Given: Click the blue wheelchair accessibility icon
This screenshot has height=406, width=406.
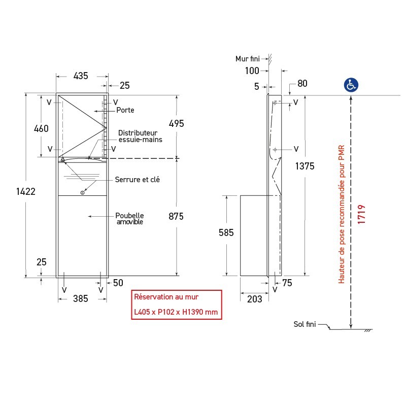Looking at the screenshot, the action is (x=351, y=85).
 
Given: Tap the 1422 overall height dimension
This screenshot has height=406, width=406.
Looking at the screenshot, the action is (x=26, y=192).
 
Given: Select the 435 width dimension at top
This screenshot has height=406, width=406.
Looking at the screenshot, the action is (x=81, y=76).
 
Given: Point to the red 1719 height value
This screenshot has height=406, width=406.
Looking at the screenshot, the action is (x=361, y=214).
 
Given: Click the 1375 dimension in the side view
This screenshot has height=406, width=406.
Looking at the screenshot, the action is (x=305, y=166).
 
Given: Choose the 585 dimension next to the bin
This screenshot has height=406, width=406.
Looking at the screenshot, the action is (x=226, y=232).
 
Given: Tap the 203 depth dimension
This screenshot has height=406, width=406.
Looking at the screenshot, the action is (x=255, y=299).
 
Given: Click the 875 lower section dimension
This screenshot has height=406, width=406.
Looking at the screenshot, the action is (x=176, y=216).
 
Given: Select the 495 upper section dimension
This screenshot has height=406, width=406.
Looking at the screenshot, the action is (x=176, y=123).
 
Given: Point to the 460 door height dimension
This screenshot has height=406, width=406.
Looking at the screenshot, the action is (x=41, y=128).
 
